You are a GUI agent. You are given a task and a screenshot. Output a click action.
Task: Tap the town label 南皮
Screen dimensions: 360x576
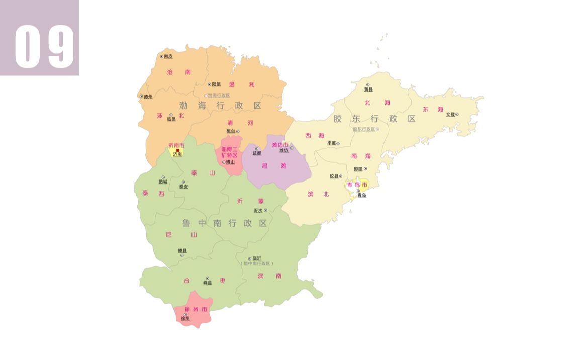pyautogui.click(x=168, y=56)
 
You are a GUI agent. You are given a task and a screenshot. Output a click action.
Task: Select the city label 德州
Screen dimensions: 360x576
pyautogui.click(x=148, y=97)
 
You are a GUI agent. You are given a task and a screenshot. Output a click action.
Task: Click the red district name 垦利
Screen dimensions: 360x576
pyautogui.click(x=242, y=85)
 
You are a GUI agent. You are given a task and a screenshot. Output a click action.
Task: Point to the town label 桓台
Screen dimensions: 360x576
pyautogui.click(x=231, y=131)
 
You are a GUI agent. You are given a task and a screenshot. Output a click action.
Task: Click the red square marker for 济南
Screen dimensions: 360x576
pyautogui.click(x=178, y=150)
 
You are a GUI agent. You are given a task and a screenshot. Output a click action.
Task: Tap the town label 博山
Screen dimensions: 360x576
pyautogui.click(x=230, y=162)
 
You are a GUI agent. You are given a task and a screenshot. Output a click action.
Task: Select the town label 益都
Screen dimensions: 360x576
pyautogui.click(x=257, y=153)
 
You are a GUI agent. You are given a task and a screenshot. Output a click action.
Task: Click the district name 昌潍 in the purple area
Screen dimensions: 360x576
pyautogui.click(x=274, y=165)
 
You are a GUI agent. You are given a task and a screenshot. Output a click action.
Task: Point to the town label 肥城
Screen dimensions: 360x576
pyautogui.click(x=163, y=182)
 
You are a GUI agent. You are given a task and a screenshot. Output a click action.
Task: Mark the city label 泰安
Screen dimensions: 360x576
pyautogui.click(x=184, y=187)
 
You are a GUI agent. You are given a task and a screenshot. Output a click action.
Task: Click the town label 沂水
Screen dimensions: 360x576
pyautogui.click(x=258, y=210)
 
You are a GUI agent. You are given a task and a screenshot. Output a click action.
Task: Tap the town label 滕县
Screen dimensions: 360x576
pyautogui.click(x=182, y=251)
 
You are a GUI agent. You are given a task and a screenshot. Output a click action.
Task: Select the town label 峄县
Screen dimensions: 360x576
pyautogui.click(x=207, y=283)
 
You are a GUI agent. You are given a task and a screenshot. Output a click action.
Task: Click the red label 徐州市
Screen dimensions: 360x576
pyautogui.click(x=196, y=309)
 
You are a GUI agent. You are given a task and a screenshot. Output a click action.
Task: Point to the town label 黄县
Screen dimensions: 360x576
pyautogui.click(x=368, y=89)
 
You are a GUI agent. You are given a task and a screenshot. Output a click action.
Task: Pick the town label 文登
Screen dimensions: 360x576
pyautogui.click(x=450, y=114)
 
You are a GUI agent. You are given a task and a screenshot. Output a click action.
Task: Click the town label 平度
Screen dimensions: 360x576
pyautogui.click(x=332, y=143)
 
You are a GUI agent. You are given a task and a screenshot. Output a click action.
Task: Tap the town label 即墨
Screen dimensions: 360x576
pyautogui.click(x=357, y=169)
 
